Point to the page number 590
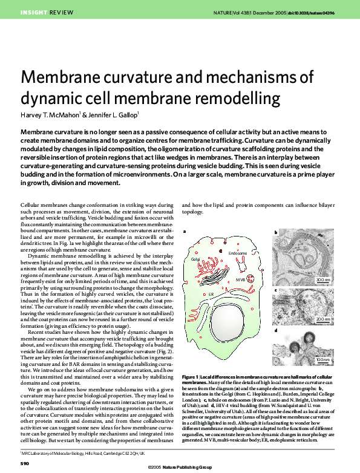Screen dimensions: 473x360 coord(25,463)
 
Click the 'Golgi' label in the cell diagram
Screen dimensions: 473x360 coord(195,258)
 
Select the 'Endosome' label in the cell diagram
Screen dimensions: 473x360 coord(238,252)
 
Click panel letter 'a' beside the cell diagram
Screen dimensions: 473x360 coord(185,233)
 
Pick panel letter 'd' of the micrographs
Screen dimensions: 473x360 coord(276,330)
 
